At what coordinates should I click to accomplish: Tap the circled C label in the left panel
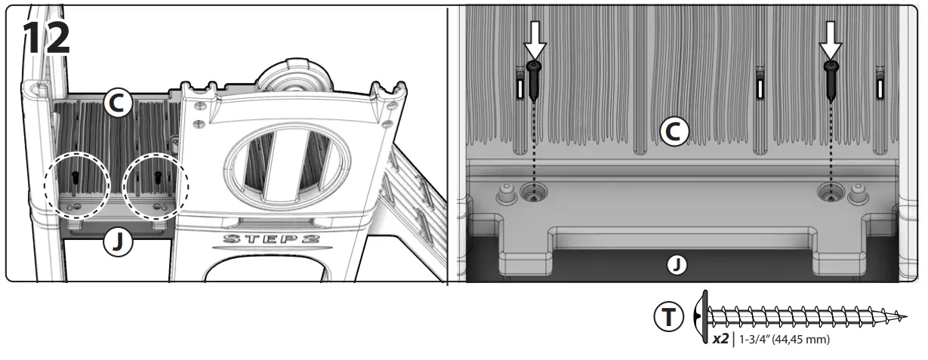(118, 105)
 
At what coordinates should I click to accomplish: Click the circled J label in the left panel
(118, 242)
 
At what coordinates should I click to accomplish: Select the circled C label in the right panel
(675, 132)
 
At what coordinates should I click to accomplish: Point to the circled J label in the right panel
(677, 265)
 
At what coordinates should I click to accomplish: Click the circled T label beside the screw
(668, 318)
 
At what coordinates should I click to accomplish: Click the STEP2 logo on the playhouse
(270, 240)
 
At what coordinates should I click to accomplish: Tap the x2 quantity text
(720, 340)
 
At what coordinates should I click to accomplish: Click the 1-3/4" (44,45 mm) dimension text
(785, 340)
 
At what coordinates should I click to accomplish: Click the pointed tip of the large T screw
(904, 316)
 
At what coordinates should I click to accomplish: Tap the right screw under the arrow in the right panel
(831, 80)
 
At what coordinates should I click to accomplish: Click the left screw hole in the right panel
(535, 195)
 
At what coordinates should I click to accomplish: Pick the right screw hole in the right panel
(831, 195)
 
